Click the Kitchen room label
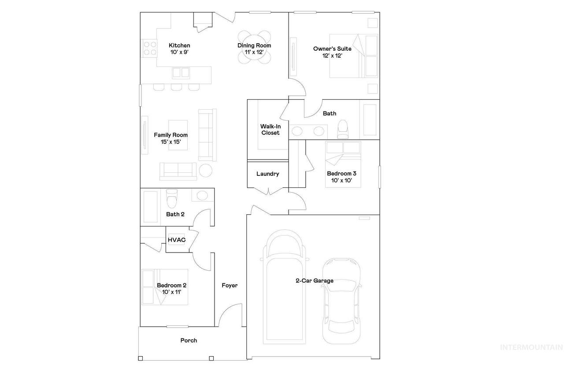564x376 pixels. coord(179,45)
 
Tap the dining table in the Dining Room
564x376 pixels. coord(254,47)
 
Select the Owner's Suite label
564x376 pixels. coord(332,49)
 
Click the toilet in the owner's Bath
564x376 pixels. coord(342,129)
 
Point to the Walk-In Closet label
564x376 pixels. coord(271,130)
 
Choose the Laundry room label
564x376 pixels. coord(267,174)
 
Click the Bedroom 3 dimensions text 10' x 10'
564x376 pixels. coord(341,180)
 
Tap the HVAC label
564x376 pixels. coord(177,240)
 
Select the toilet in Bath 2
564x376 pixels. coord(172,199)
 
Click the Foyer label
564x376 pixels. coord(230,285)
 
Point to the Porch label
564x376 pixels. coord(189,340)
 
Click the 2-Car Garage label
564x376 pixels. coord(315,280)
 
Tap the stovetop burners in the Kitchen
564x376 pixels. coord(150,48)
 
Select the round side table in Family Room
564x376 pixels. coord(205,171)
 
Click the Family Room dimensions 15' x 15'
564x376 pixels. coord(171,142)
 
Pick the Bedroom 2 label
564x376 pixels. coord(171,285)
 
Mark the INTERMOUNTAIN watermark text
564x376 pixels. coord(531,347)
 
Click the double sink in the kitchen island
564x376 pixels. coord(181,73)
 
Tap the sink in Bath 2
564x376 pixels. coord(202,195)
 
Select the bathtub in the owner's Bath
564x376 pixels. coord(370,119)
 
